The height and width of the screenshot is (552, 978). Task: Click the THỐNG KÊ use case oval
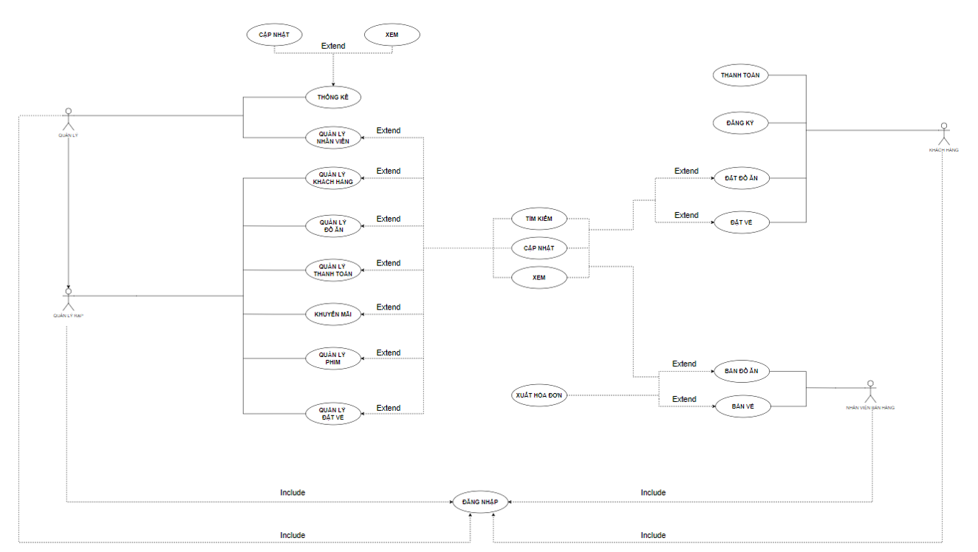tap(333, 97)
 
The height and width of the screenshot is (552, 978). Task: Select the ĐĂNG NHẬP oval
tap(480, 502)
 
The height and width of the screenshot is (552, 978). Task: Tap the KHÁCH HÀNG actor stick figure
tap(943, 133)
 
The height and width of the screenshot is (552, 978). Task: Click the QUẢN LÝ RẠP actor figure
tap(69, 299)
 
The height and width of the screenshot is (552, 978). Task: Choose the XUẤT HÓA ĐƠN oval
tap(539, 395)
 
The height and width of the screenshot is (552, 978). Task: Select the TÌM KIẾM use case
tap(539, 219)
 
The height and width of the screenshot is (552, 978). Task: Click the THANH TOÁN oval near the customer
tap(740, 75)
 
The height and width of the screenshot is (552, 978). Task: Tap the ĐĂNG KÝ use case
tap(740, 123)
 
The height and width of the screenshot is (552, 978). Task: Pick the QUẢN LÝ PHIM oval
tap(333, 358)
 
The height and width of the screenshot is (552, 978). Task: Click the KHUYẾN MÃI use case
tap(333, 314)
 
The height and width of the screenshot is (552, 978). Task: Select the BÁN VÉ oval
tap(742, 406)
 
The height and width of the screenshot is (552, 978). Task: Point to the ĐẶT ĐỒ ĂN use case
tap(742, 178)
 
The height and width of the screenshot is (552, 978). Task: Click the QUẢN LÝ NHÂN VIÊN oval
tap(333, 137)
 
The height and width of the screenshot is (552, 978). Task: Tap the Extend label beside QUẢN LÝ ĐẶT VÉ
tap(389, 408)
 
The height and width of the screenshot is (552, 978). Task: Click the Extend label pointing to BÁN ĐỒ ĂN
tap(684, 364)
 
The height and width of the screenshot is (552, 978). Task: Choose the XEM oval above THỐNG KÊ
tap(392, 34)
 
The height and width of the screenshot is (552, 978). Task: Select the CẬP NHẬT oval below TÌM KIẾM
tap(539, 248)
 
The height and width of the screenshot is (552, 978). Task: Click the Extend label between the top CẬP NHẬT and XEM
tap(333, 46)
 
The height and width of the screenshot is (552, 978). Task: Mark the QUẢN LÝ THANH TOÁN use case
tap(333, 270)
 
